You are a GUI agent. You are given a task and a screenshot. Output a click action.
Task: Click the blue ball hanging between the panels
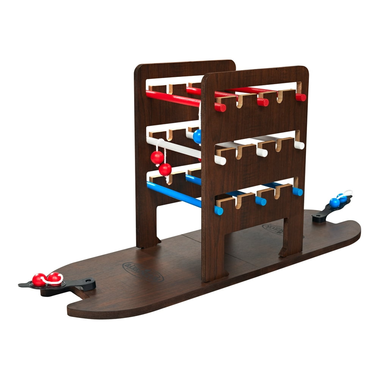tap(197, 136)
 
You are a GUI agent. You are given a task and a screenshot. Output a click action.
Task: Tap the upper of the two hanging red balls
tap(157, 157)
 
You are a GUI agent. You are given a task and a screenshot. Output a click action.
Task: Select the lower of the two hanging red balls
tap(165, 169)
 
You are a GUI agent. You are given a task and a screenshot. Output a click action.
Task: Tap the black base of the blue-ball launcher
tap(320, 216)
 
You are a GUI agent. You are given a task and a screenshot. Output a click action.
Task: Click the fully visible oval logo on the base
tap(143, 271)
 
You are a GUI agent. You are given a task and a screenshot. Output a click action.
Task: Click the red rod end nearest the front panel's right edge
tap(301, 97)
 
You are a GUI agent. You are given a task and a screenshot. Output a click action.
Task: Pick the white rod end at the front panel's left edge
tap(220, 160)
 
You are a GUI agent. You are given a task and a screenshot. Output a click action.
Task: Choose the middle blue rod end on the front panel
tap(261, 201)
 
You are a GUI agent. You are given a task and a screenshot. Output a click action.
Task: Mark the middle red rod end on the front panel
tap(263, 102)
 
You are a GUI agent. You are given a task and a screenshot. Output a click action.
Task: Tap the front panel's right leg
tap(292, 237)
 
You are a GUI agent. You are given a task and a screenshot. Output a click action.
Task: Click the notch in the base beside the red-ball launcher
tap(78, 295)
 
